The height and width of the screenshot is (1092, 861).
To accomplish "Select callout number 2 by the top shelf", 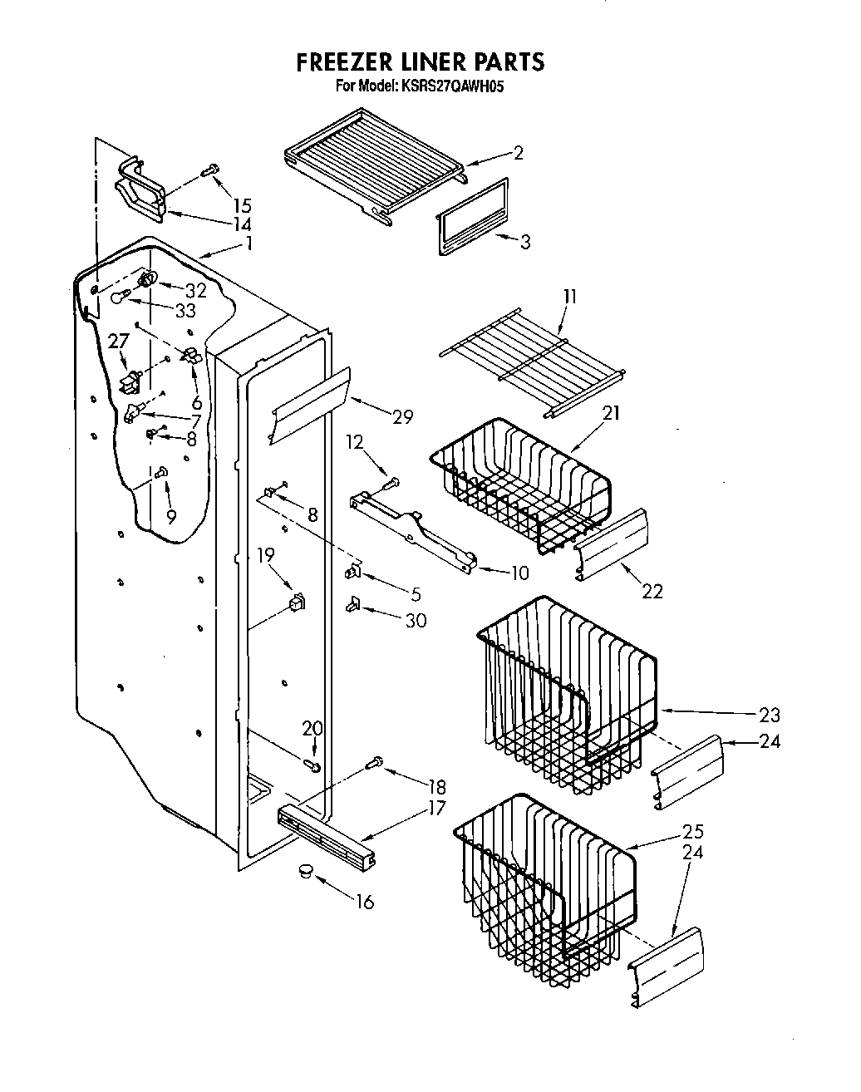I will click(518, 153).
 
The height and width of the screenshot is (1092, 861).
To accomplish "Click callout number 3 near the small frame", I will click(524, 242).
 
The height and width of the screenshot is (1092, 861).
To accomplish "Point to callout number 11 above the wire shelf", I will click(569, 297).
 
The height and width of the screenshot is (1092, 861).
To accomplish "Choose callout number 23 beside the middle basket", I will click(770, 713).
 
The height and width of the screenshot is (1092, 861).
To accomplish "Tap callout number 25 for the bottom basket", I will click(693, 831).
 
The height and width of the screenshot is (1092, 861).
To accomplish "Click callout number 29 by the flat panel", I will click(402, 416).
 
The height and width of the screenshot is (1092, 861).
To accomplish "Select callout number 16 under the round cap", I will click(363, 902).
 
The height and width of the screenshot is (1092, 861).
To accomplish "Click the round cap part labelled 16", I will click(304, 870).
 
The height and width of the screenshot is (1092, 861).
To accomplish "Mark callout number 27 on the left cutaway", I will click(120, 342).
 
